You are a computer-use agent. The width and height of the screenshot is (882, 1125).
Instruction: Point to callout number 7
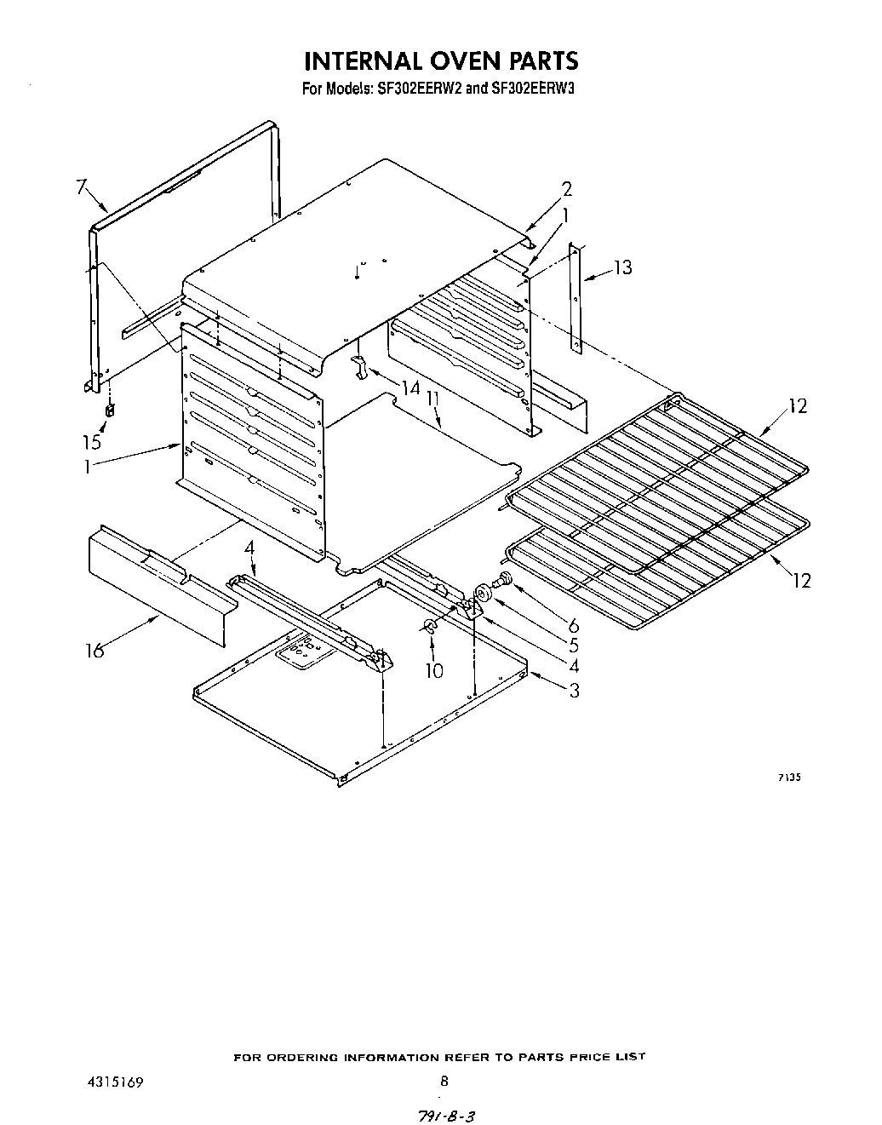click(x=82, y=187)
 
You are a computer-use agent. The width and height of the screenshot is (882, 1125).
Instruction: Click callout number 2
click(x=567, y=189)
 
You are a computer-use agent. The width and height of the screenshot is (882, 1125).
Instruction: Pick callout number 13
click(x=623, y=267)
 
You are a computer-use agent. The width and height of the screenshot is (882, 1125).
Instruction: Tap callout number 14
click(x=411, y=388)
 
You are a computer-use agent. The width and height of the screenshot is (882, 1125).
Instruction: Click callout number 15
click(x=91, y=441)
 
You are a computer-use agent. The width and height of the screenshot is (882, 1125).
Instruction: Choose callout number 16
click(x=94, y=651)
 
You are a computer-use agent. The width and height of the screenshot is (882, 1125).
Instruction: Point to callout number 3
click(x=574, y=691)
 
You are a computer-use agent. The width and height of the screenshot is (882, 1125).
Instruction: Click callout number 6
click(x=573, y=626)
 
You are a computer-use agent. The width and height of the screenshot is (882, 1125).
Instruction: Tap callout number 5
click(x=573, y=646)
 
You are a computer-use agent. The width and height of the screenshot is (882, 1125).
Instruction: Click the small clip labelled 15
click(x=109, y=411)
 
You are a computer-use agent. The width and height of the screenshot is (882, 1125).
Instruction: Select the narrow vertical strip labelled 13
click(x=576, y=298)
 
